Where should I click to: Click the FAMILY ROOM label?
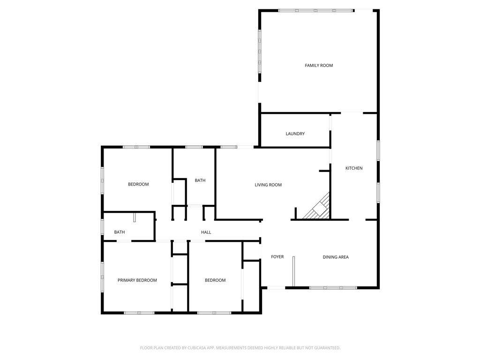coord(319,65)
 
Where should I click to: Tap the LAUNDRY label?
coord(295,134)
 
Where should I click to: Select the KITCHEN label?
coord(354,168)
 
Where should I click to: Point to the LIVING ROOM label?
coord(268,185)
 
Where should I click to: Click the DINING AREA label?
coord(336,257)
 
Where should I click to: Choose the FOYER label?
coord(277,256)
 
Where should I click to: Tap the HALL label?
coord(206,232)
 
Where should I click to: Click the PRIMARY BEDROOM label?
coord(137,280)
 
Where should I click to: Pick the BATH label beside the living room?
coord(200,180)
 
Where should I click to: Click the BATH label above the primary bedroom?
coord(120,232)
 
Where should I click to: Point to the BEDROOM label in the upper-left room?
coord(138,184)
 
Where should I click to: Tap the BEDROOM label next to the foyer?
coord(215,280)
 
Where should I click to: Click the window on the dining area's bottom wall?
coord(333,288)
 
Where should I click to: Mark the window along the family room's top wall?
coord(316,11)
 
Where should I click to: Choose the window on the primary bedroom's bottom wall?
coord(139,313)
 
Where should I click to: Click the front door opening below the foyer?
coord(276,288)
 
